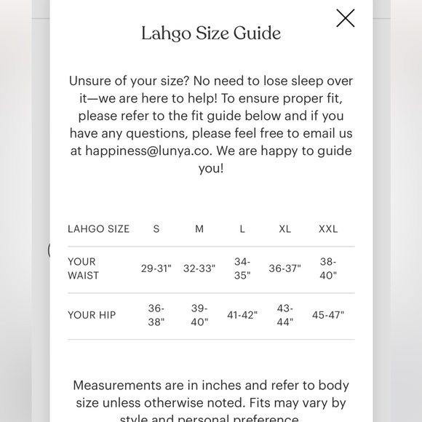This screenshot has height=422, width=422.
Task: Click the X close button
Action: point(346,18)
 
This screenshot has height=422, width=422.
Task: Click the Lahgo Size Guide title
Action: point(211,33)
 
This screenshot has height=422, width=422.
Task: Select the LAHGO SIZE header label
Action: point(98,228)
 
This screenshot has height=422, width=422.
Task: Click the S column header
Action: point(156,228)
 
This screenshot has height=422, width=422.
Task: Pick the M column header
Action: point(199,228)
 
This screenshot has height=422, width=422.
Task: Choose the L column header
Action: point(242,228)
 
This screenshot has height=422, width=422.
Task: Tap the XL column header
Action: point(284,228)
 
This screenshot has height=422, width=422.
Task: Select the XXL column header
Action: point(328,228)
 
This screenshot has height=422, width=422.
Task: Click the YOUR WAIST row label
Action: point(83,268)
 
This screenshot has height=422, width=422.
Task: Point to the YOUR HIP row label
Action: point(92,315)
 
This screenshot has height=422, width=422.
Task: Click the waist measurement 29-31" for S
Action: point(156,268)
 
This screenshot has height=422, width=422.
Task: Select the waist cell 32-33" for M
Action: point(199,268)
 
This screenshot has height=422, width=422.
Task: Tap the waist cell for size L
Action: point(242,268)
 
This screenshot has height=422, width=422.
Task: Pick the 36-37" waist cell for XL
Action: point(284,268)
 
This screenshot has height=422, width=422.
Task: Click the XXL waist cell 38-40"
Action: point(328,268)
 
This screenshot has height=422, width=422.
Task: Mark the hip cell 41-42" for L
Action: point(242,315)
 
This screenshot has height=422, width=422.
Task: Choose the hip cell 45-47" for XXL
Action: point(328,315)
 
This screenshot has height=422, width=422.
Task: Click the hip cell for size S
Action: point(156,315)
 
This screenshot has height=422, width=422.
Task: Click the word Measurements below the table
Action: point(117,386)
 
